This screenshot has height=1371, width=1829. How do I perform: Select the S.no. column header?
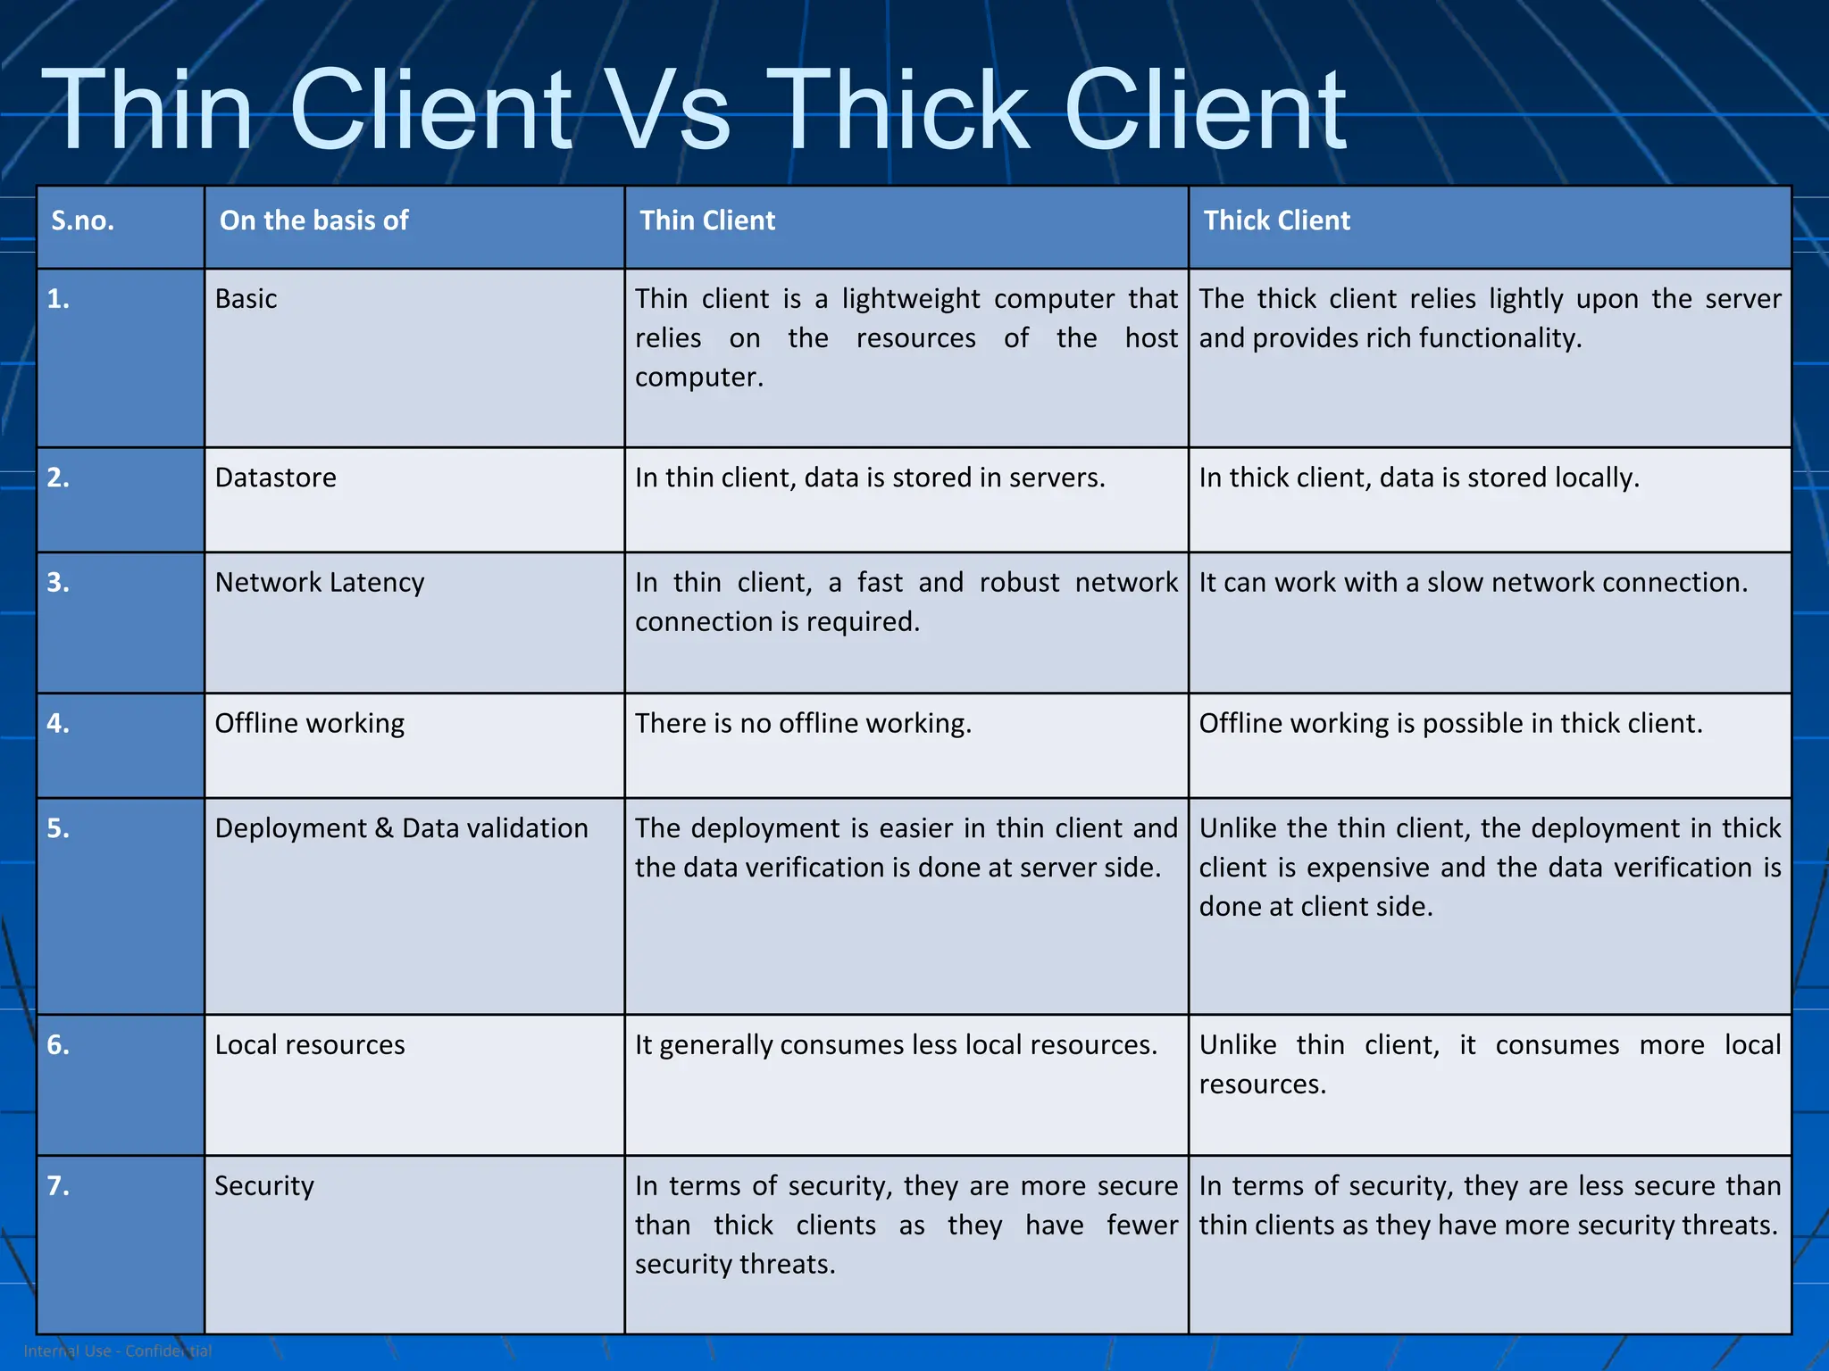[x=82, y=220]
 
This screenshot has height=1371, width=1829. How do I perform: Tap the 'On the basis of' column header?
[x=313, y=220]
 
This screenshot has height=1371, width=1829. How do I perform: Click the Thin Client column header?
[x=707, y=220]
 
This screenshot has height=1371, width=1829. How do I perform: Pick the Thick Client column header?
[x=1276, y=220]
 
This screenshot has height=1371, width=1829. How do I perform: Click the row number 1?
[x=58, y=299]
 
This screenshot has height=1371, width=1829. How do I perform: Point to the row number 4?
[x=58, y=723]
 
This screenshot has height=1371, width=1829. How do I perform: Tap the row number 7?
[x=58, y=1185]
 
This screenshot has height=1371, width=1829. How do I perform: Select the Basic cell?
[x=246, y=299]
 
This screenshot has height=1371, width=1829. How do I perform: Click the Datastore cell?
[x=275, y=478]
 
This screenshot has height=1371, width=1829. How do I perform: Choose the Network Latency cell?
[x=320, y=582]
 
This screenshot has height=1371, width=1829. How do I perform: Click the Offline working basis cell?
[x=309, y=723]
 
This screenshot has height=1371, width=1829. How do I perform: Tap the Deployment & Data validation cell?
[x=401, y=828]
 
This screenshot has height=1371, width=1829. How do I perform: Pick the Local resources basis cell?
[x=309, y=1044]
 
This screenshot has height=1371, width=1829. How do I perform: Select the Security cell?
[x=264, y=1185]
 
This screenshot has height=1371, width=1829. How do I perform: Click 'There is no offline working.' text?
[x=803, y=723]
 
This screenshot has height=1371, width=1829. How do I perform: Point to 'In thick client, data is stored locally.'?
[x=1419, y=478]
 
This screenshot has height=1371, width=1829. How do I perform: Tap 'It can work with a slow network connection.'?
[x=1473, y=582]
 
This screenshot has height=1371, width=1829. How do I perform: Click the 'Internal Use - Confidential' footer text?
[x=118, y=1350]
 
